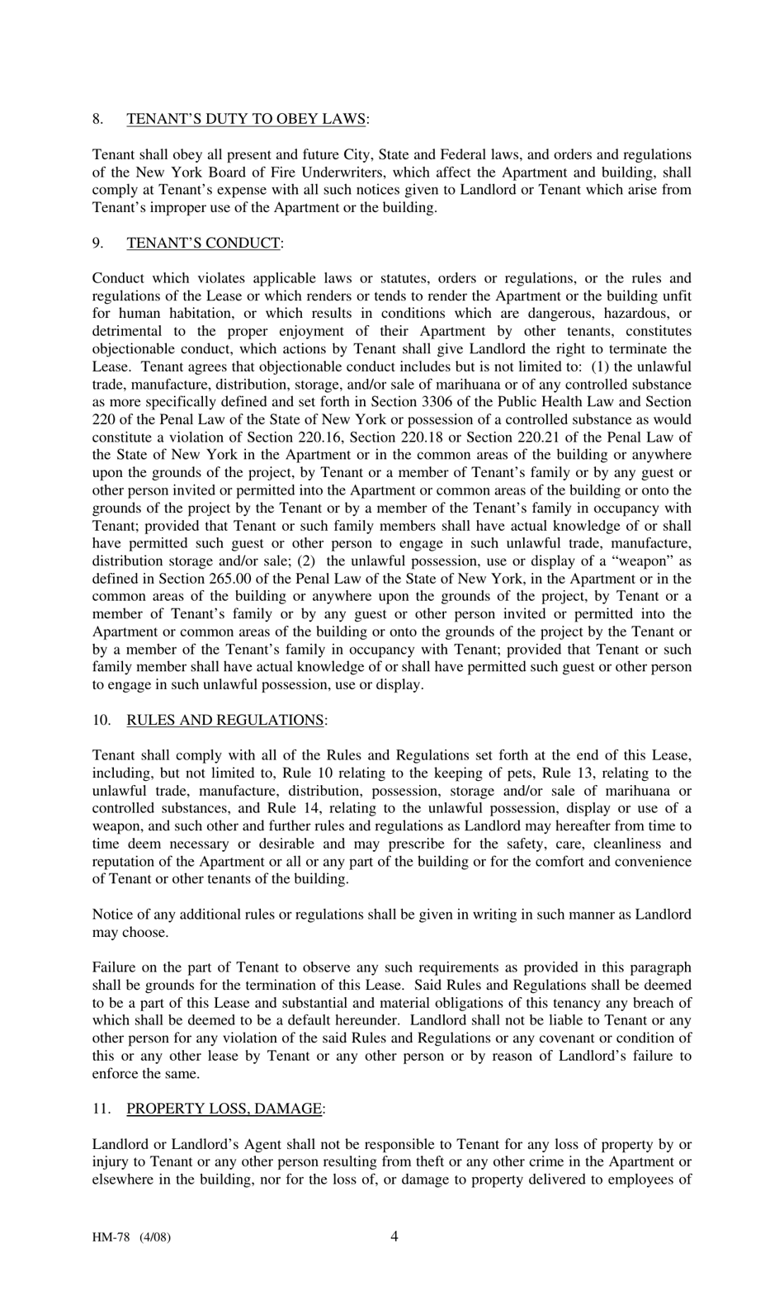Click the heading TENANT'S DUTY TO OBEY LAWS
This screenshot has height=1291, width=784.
246,119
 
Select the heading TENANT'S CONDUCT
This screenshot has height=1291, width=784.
203,243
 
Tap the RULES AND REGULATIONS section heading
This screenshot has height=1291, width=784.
225,720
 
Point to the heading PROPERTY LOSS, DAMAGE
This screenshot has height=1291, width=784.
224,1109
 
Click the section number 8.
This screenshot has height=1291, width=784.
97,119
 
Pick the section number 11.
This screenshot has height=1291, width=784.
100,1109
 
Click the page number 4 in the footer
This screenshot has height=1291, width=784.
394,1236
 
